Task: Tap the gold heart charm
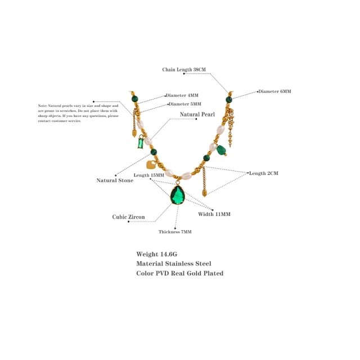coord(150,165)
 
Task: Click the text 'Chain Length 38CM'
coord(184,70)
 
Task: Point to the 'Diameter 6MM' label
coord(274,91)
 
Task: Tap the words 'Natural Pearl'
coord(197,115)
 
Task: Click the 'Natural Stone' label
coord(115,181)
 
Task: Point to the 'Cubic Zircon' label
coord(128,217)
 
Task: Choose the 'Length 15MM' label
coord(149,175)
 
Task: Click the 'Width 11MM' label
coord(214,214)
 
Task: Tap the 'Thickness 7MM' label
coord(174,232)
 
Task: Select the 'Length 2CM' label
coord(263,173)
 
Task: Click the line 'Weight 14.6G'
coord(157,254)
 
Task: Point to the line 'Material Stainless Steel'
coord(174,263)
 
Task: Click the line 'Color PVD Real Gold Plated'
coord(180,273)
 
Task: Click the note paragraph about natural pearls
coord(78,113)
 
